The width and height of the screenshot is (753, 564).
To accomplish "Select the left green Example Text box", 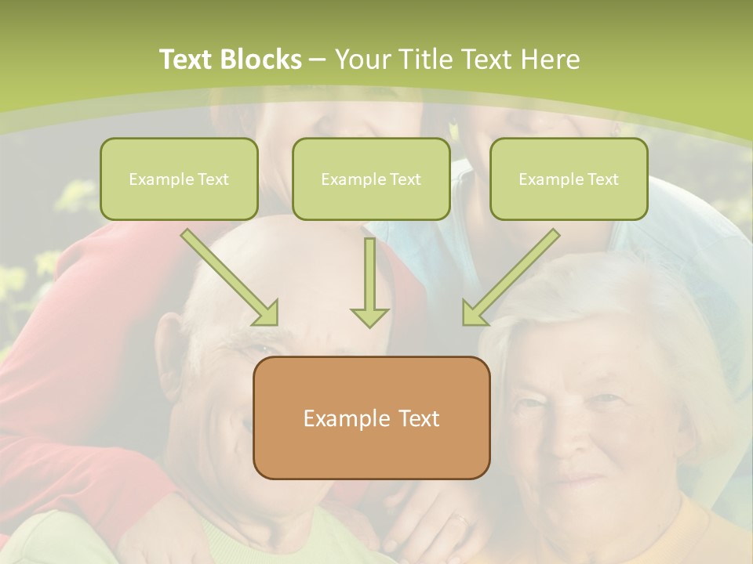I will [179, 179].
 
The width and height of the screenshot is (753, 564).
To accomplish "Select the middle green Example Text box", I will [371, 179].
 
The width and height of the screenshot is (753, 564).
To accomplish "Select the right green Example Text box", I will [569, 179].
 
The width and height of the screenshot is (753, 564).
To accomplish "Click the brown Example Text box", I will [371, 418].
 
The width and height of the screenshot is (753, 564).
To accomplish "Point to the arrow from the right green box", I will [510, 278].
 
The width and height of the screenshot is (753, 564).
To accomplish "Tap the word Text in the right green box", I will [603, 179].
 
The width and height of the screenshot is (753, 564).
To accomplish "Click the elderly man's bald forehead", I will [251, 258].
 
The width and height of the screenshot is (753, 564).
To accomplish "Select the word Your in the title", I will [362, 60].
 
